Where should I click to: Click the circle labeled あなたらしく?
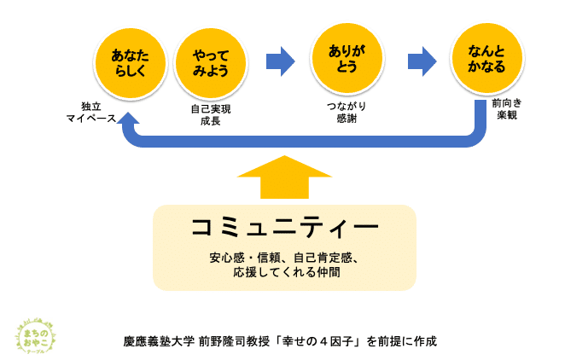130,61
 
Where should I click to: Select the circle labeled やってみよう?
209,61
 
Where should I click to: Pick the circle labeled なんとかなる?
487,60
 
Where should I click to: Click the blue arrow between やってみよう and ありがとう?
280,61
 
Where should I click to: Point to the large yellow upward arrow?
283,177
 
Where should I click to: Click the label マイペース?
91,119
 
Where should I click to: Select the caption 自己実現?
211,109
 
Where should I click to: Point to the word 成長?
211,121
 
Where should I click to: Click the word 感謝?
347,119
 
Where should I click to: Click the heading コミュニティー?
283,228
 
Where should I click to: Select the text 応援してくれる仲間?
283,272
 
